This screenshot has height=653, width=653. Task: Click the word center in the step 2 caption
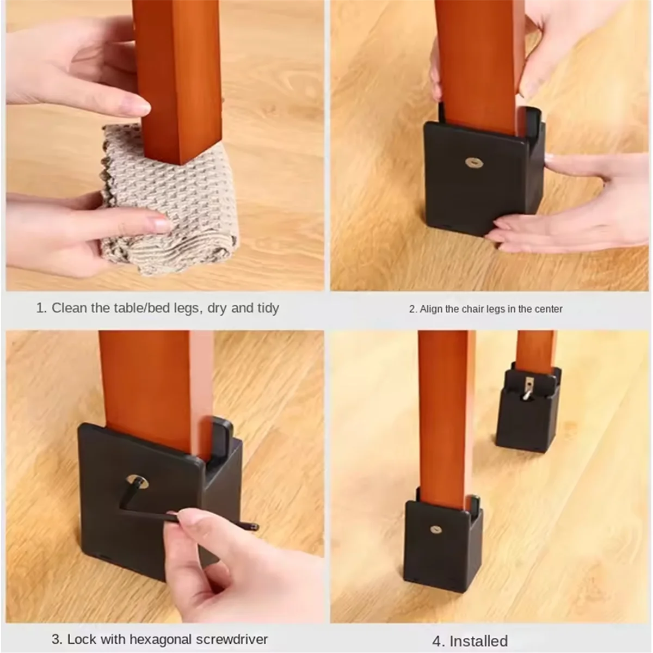click(549, 309)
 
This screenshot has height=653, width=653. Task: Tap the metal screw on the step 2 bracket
click(474, 163)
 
